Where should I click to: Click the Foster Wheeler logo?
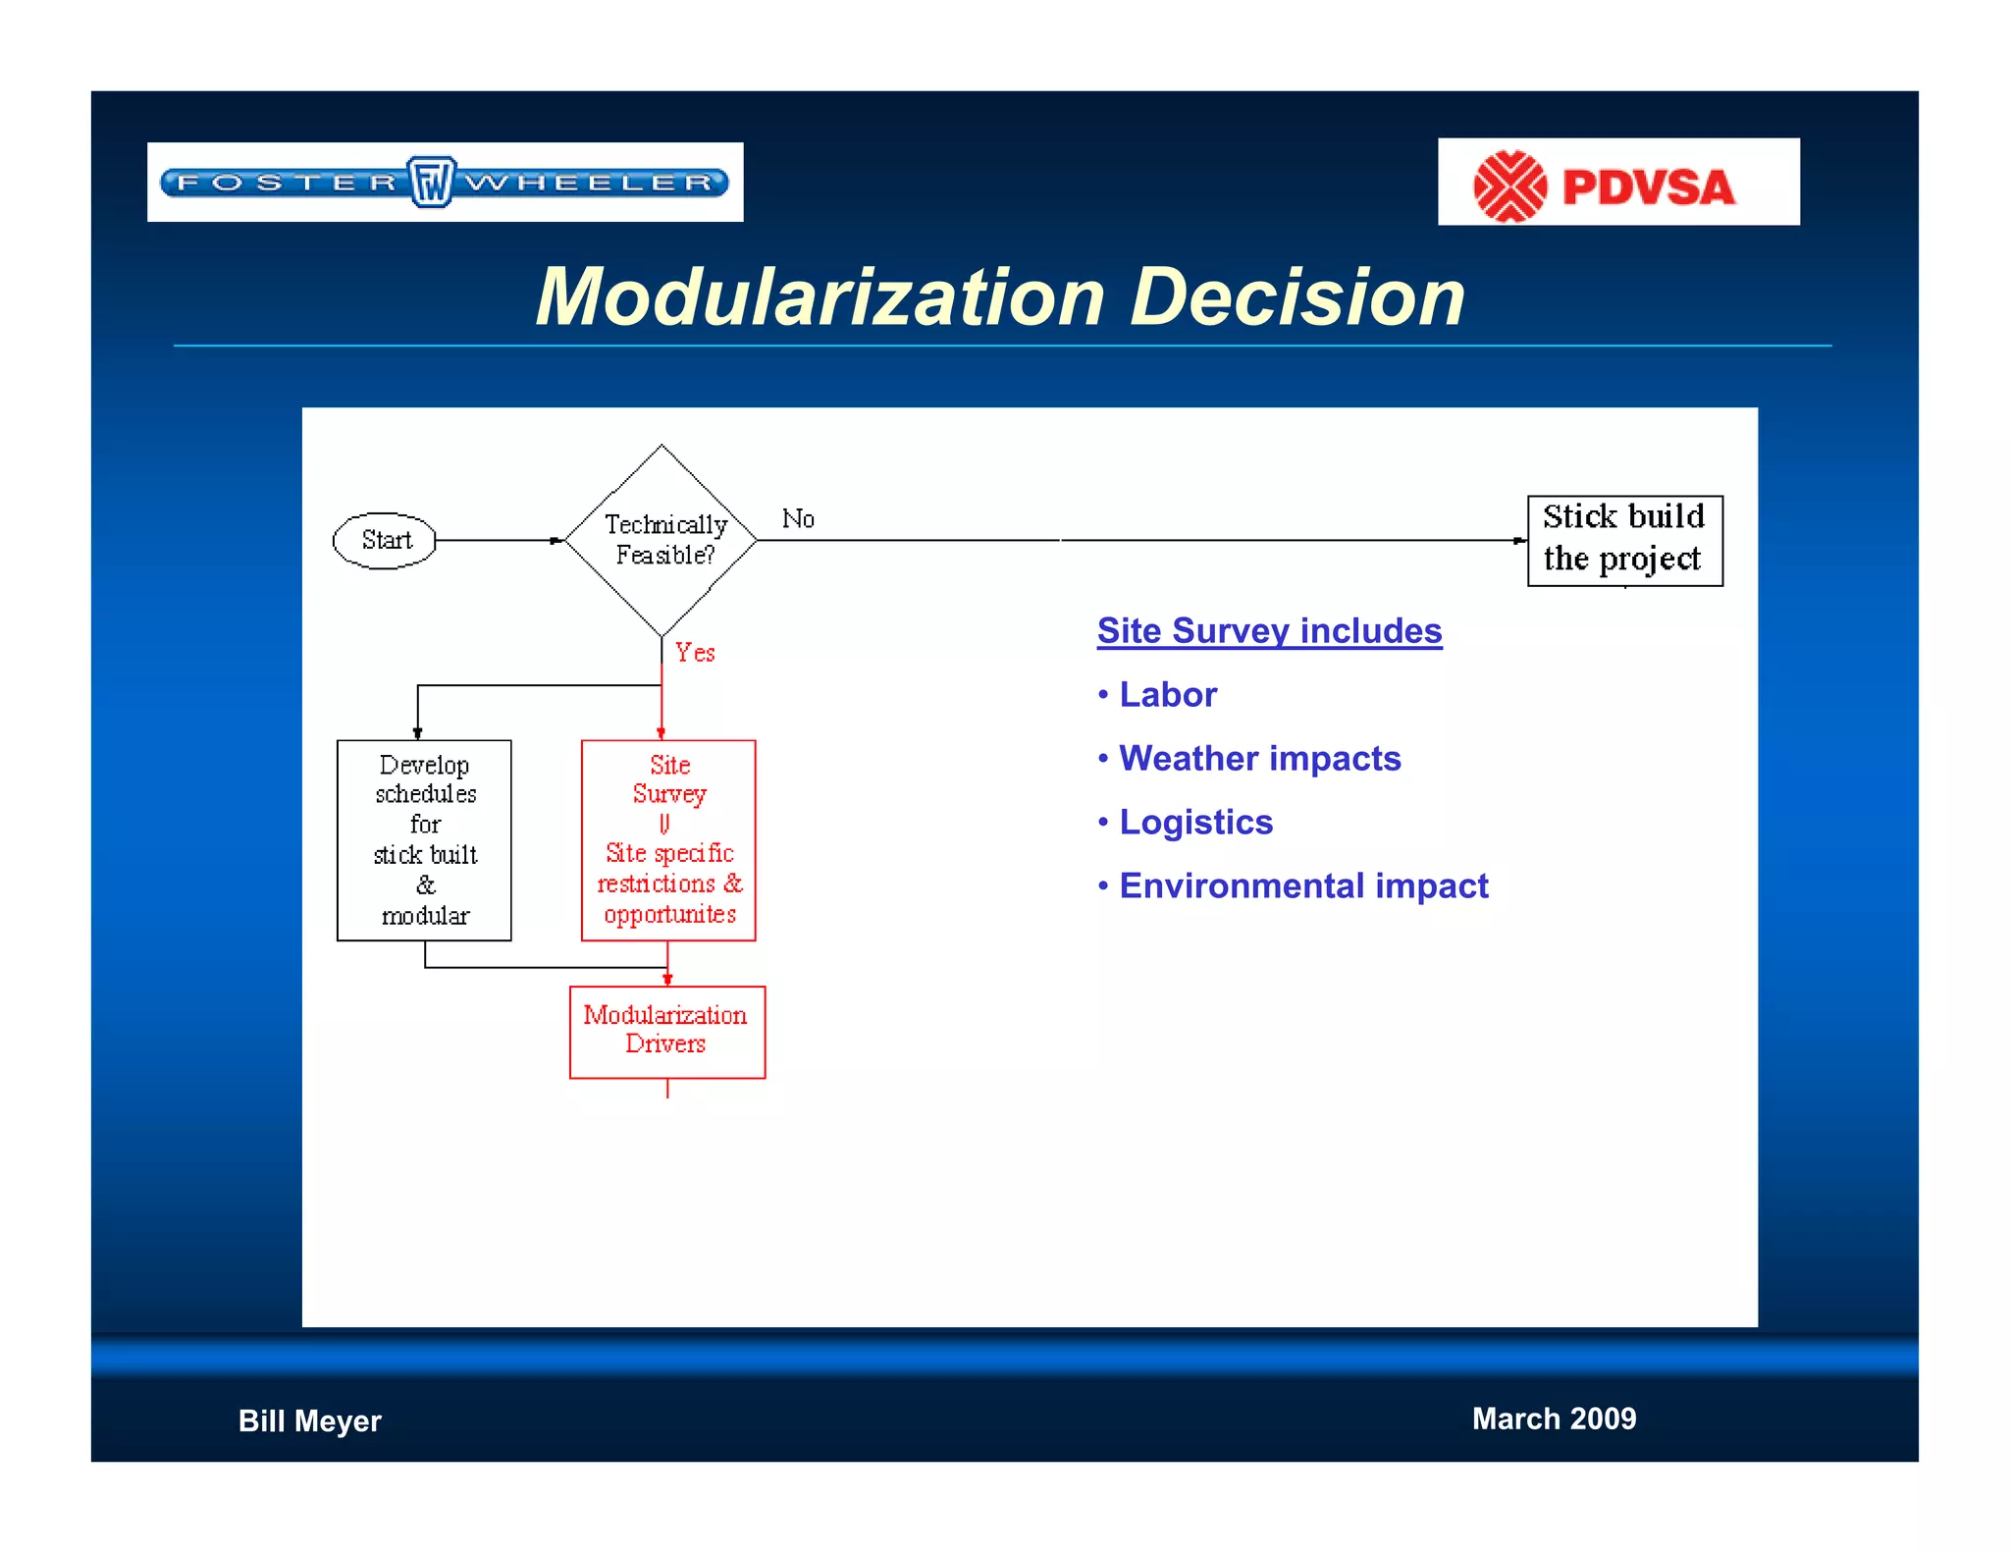[445, 183]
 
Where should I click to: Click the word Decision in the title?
[1297, 297]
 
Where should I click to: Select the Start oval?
[385, 540]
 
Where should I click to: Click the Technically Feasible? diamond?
[662, 540]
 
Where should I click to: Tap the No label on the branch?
[798, 518]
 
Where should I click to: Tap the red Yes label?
[695, 653]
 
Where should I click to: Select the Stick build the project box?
[1624, 540]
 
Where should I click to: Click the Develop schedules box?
[424, 839]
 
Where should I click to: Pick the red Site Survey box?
[668, 839]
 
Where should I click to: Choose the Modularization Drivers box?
[666, 1031]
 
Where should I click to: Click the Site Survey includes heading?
[1269, 630]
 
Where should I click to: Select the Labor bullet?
[1167, 694]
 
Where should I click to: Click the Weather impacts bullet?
[1259, 758]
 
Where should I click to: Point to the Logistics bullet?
[1194, 822]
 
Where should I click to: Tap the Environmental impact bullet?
[1302, 885]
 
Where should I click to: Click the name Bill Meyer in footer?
[309, 1420]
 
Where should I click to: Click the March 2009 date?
[1554, 1419]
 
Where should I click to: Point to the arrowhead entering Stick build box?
[1519, 540]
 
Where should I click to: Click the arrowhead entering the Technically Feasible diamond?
[556, 540]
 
